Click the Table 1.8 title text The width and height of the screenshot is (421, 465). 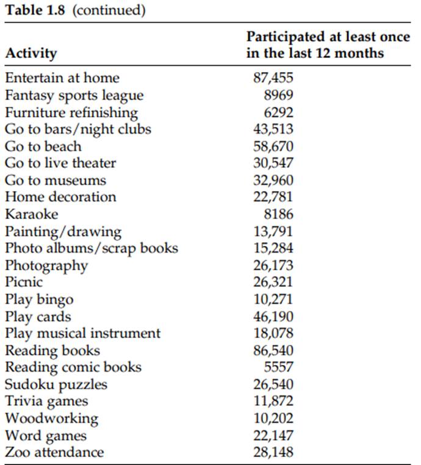75,11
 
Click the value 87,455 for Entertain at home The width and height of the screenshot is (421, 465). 273,77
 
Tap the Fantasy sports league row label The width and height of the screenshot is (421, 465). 74,95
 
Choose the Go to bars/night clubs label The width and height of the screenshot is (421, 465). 77,129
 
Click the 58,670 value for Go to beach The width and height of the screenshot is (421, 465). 273,146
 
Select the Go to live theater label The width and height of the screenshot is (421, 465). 60,163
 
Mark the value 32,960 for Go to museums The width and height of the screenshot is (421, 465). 273,180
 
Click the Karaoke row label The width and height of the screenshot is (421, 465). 31,214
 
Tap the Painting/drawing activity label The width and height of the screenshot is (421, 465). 63,231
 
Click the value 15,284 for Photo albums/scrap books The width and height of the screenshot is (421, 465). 273,248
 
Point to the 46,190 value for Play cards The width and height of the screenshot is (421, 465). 273,317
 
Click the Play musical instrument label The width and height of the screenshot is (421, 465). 82,333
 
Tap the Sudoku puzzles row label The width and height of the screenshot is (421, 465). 56,384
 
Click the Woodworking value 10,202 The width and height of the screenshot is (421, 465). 273,419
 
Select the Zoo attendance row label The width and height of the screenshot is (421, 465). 54,452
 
